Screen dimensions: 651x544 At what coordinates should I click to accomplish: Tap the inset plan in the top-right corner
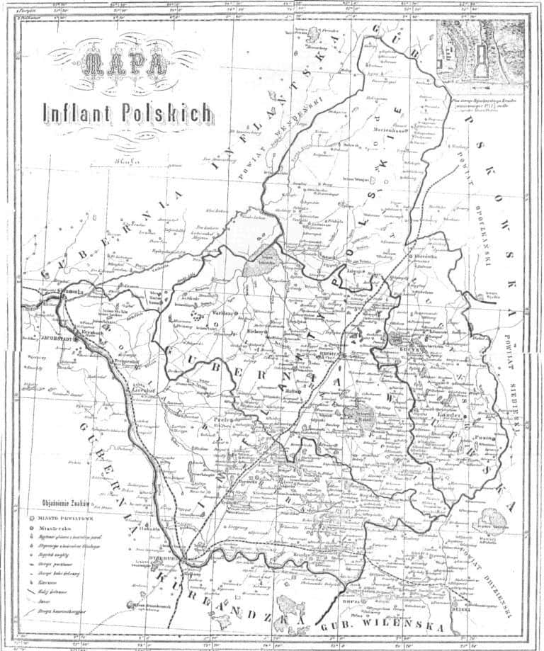482,49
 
